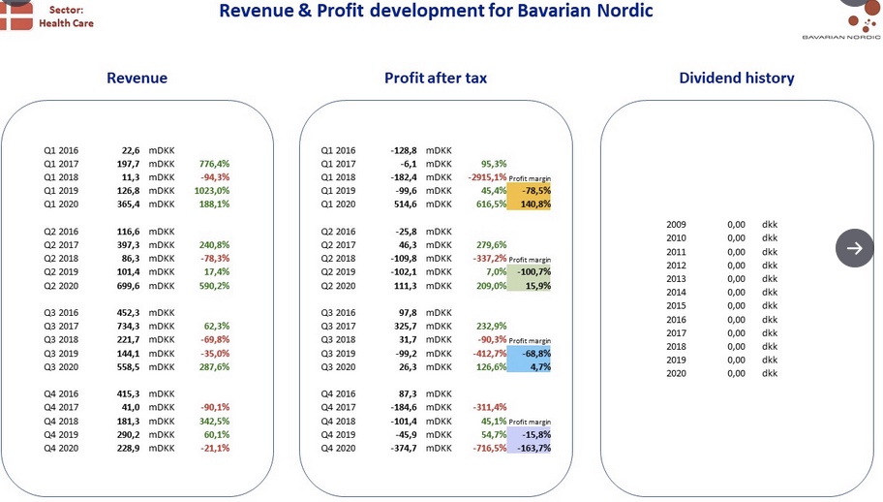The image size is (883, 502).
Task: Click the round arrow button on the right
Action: [x=854, y=248]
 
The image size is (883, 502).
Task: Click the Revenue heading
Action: [x=137, y=78]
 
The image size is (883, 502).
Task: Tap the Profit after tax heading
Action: [x=436, y=78]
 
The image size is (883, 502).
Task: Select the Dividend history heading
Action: [x=737, y=78]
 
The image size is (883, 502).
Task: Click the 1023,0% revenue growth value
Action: [x=212, y=191]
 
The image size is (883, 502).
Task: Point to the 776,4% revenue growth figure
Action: [x=215, y=164]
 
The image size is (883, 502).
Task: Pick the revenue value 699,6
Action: [x=128, y=286]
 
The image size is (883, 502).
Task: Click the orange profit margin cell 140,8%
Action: [x=529, y=204]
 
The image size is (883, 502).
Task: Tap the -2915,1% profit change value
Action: [x=487, y=177]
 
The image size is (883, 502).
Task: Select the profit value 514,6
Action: [x=406, y=204]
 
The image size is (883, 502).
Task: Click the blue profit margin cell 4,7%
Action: [x=529, y=366]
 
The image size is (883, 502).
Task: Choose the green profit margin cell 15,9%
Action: [x=529, y=286]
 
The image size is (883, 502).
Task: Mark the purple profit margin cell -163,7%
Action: [x=529, y=448]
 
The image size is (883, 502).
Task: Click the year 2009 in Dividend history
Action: [x=677, y=224]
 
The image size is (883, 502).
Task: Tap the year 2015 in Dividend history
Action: [x=677, y=305]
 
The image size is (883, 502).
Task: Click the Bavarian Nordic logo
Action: [x=841, y=21]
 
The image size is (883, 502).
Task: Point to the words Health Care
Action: [x=67, y=23]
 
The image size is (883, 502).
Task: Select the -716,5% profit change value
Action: [x=489, y=448]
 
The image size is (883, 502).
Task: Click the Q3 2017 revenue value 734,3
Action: [x=128, y=327]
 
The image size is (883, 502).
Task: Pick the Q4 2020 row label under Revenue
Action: [x=61, y=448]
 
